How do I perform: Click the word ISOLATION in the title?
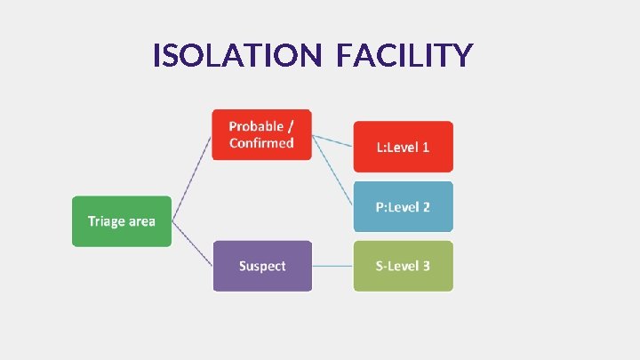click(236, 57)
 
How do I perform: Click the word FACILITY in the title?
click(404, 57)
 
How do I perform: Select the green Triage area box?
click(121, 221)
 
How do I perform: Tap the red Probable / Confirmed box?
click(261, 134)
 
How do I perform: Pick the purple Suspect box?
click(262, 266)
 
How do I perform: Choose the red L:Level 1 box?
click(404, 147)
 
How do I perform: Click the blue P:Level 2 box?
click(404, 207)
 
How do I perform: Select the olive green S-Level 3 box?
click(404, 266)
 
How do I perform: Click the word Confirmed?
click(261, 143)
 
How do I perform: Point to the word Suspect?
click(262, 266)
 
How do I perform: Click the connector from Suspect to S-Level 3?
click(332, 266)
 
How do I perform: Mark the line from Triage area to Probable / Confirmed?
click(192, 178)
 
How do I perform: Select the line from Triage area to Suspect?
click(192, 244)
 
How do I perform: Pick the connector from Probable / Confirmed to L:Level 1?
click(333, 141)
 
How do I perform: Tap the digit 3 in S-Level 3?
click(427, 266)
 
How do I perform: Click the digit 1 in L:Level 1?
click(426, 147)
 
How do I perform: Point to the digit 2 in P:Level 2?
click(427, 207)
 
